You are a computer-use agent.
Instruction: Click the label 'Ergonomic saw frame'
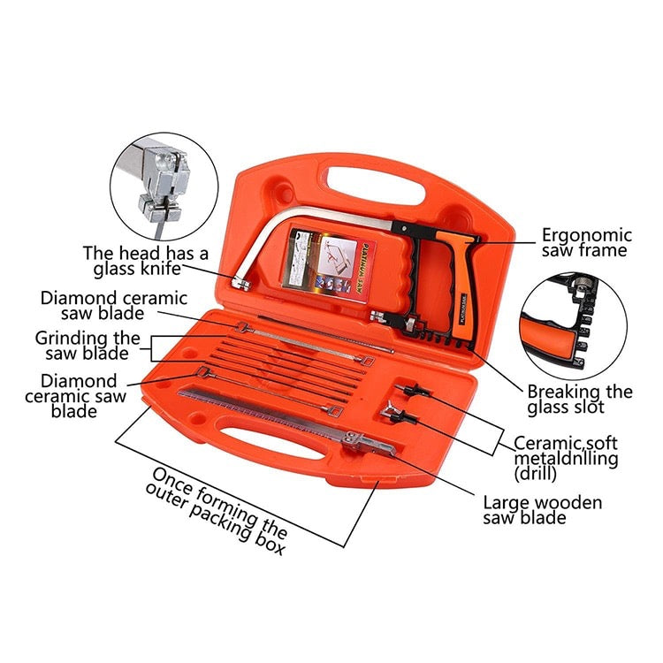(587, 242)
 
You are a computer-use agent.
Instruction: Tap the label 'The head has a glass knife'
(146, 261)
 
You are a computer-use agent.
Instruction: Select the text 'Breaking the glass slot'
(580, 399)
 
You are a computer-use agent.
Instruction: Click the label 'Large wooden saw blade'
(543, 510)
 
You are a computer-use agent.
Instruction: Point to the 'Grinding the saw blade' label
(88, 346)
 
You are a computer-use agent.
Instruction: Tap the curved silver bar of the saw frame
(292, 221)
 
